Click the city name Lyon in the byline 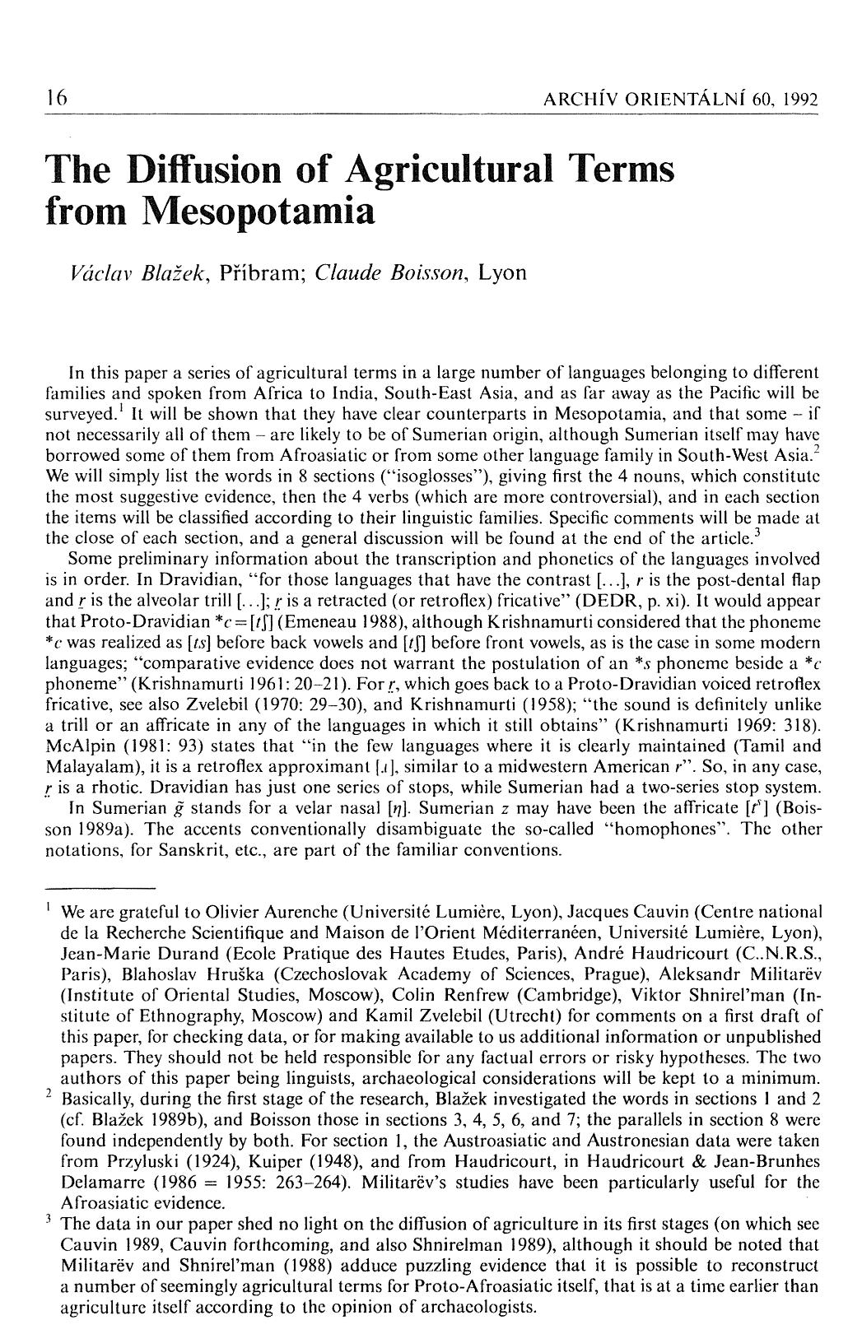(502, 272)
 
